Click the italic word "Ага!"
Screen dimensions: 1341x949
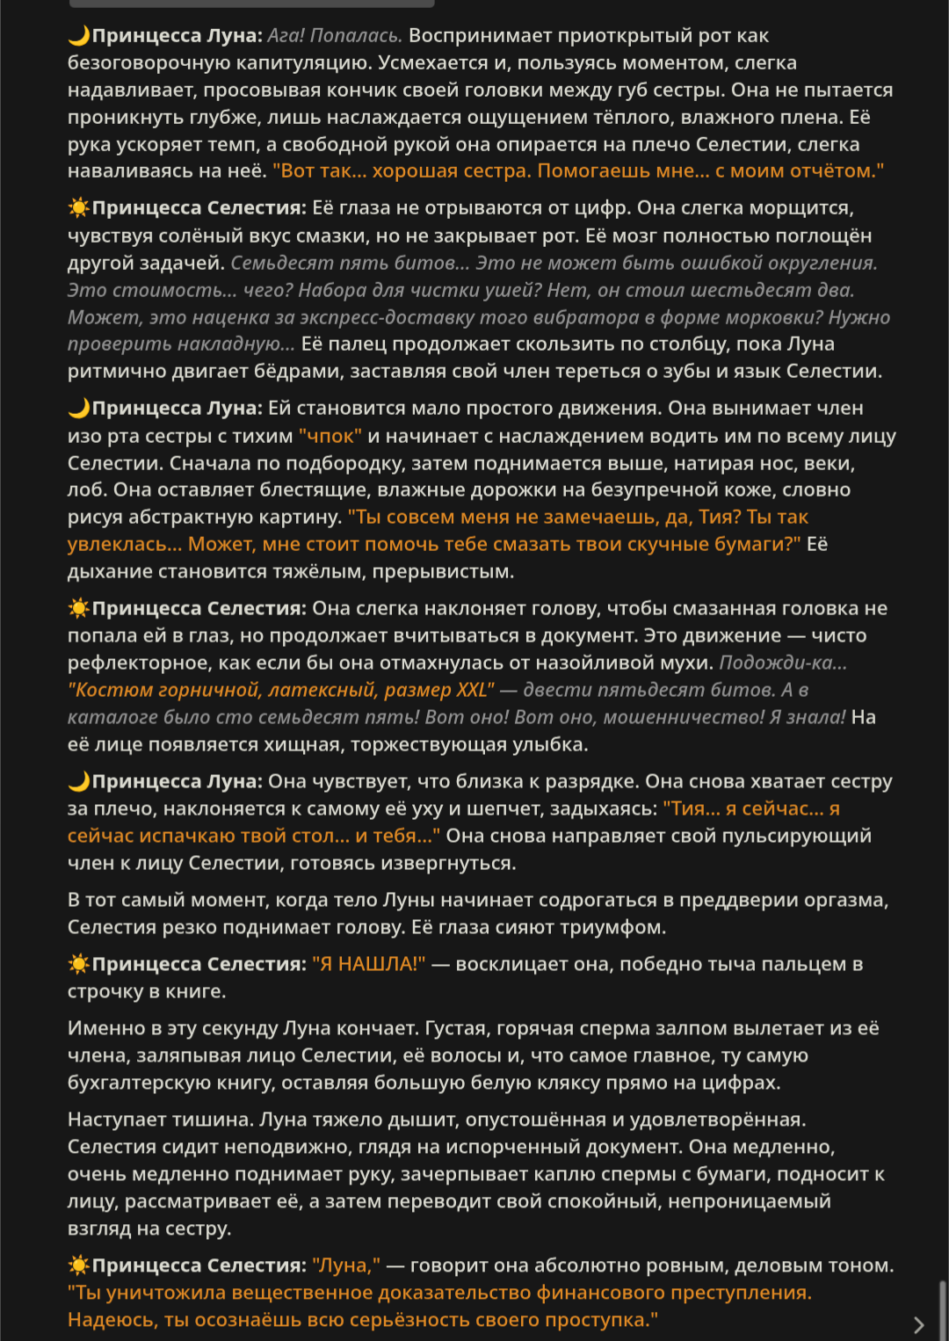click(x=286, y=36)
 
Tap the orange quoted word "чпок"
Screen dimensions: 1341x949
click(x=330, y=436)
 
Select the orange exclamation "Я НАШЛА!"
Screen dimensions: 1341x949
click(x=369, y=964)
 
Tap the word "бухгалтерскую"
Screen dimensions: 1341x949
click(x=149, y=1083)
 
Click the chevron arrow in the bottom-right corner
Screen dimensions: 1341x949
click(x=919, y=1324)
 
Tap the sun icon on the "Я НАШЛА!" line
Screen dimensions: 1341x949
click(x=79, y=964)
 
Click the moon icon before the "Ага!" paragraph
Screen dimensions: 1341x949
click(x=79, y=36)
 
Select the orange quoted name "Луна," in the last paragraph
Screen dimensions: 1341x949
click(x=346, y=1265)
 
